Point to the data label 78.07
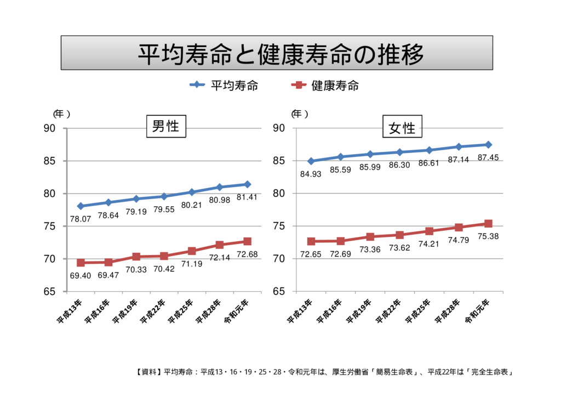81,219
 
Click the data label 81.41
247,197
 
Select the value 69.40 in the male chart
81,275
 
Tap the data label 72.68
247,254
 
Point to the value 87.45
488,157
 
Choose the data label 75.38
488,237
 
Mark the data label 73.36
370,249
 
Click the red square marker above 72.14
220,245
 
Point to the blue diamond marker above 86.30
399,152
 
